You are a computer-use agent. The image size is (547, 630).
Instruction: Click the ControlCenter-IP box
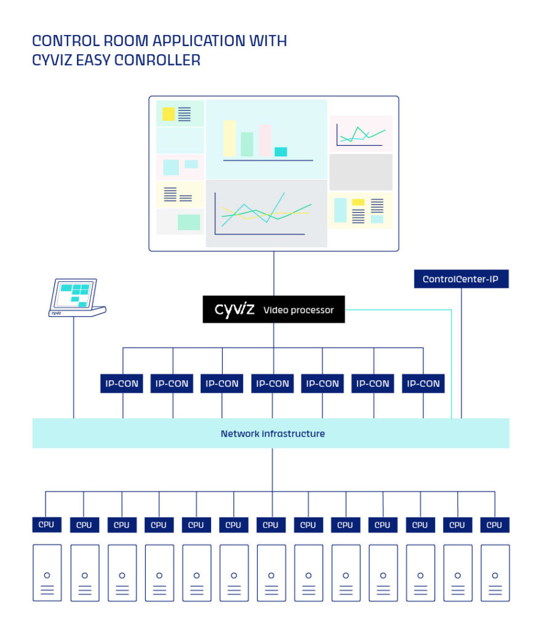click(x=461, y=279)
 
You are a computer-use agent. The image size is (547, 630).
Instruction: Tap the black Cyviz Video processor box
click(x=274, y=309)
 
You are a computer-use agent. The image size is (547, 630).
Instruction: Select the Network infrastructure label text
click(x=273, y=434)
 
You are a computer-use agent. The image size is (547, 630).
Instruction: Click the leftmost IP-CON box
click(x=121, y=383)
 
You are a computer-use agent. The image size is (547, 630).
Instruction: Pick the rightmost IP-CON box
click(x=423, y=383)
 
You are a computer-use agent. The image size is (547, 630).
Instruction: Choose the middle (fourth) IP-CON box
click(x=272, y=383)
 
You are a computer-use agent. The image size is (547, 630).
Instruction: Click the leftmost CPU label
click(x=47, y=525)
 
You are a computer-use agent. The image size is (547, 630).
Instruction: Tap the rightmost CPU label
click(x=494, y=525)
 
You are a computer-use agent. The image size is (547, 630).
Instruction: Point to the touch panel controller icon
click(x=74, y=297)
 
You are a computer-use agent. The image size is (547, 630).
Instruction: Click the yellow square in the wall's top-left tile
click(x=168, y=114)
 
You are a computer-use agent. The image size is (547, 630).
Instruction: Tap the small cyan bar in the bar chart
click(x=281, y=152)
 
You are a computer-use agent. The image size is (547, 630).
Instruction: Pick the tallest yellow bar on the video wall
click(x=230, y=138)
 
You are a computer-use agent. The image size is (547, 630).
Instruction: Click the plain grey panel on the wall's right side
click(x=361, y=172)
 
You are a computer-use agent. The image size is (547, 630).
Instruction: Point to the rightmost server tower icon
click(x=495, y=572)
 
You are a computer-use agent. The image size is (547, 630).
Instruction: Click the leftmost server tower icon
click(x=47, y=572)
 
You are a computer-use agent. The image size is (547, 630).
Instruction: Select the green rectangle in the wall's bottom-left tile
click(x=188, y=222)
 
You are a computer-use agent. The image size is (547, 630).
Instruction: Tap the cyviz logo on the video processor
click(x=234, y=309)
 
